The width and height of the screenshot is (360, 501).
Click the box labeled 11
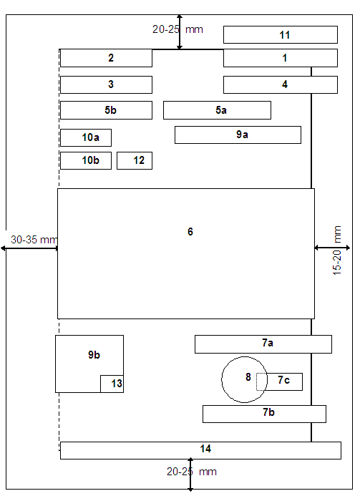point(280,34)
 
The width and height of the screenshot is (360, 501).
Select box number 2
point(106,58)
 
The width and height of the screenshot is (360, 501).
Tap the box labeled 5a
point(217,110)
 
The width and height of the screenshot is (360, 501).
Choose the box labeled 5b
point(106,110)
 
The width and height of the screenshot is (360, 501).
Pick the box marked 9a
point(238,135)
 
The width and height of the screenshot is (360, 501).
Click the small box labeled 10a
point(86,137)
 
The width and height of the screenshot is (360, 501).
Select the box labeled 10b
point(86,160)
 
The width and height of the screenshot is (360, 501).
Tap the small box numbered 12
point(135,160)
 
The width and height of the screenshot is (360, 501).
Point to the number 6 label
point(190,232)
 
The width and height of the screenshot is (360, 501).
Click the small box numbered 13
point(112,384)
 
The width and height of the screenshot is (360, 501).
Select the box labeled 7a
point(263,344)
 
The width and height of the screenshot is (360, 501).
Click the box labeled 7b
point(264,414)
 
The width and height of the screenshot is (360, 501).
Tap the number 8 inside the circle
point(248,377)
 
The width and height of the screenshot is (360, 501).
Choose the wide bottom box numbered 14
point(200,450)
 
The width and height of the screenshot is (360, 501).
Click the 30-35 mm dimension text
point(34,240)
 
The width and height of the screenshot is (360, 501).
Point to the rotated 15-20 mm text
point(337,250)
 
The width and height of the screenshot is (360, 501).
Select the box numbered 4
point(280,84)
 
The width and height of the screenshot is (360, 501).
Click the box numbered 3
point(106,84)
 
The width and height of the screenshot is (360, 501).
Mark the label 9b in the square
point(94,355)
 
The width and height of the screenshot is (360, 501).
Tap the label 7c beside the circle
point(283,380)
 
